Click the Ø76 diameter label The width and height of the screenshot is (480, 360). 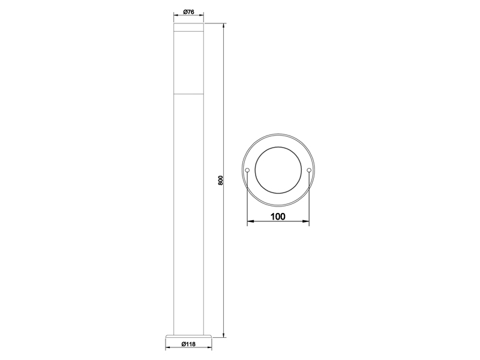pos(188,12)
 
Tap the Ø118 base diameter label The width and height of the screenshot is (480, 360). pos(188,344)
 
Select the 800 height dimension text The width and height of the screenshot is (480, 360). pos(220,179)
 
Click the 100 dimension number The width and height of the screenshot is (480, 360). pos(278,217)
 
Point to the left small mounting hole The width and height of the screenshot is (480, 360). pos(247,171)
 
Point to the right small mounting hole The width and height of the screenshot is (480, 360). pos(309,171)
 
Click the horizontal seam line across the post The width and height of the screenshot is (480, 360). pos(188,94)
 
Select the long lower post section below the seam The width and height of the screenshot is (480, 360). pos(188,210)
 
